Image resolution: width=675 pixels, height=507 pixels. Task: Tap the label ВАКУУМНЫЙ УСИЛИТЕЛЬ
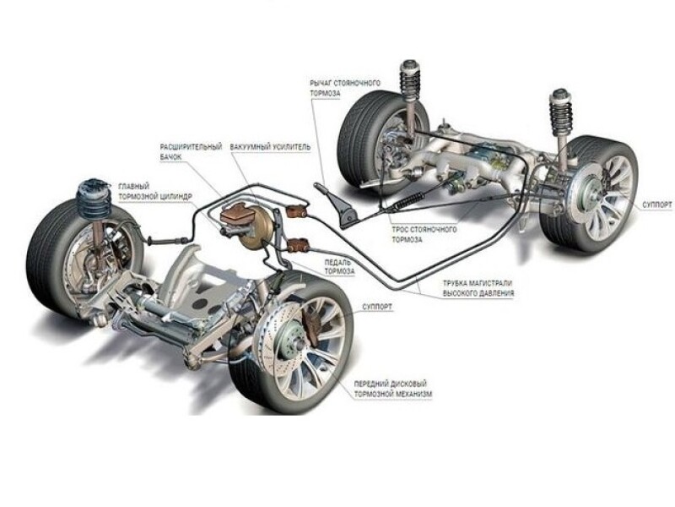point(270,146)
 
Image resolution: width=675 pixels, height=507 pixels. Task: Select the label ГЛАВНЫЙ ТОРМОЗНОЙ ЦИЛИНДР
point(156,191)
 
